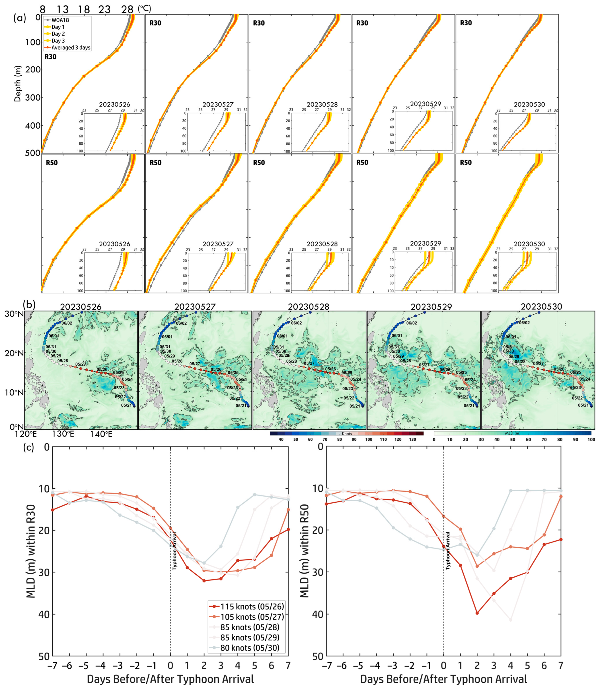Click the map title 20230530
point(541,306)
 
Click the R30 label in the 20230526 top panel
point(51,57)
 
